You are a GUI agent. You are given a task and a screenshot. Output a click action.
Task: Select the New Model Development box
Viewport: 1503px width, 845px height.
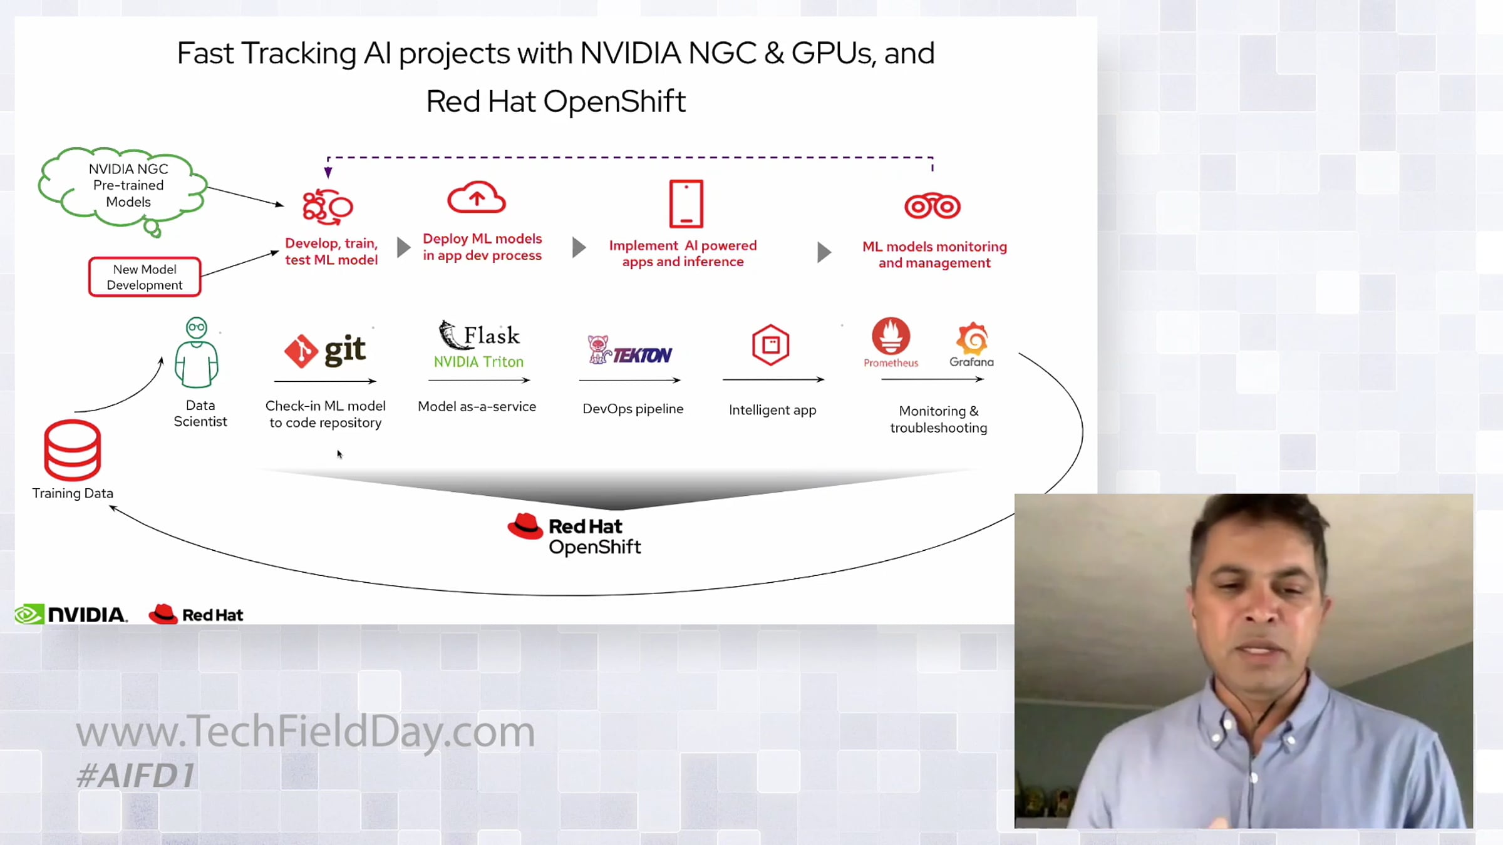point(145,277)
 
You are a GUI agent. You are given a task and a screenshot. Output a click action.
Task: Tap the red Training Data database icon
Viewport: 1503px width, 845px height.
point(73,450)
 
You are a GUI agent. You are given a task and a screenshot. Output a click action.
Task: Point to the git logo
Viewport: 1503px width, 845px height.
point(325,350)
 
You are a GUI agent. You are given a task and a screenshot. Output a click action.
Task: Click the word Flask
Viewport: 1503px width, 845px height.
point(492,335)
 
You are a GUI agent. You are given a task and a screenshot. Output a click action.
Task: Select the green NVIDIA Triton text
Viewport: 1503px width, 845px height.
point(478,362)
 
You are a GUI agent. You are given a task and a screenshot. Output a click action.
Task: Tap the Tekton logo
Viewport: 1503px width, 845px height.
point(630,351)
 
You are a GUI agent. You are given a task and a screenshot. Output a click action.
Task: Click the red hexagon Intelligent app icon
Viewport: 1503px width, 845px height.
point(770,345)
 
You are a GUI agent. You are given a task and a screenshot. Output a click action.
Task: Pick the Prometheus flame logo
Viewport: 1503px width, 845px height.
point(891,336)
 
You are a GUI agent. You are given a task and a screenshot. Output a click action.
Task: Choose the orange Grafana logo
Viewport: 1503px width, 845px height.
point(971,339)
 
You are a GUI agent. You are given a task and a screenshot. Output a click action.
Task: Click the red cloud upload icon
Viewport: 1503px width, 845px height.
point(477,197)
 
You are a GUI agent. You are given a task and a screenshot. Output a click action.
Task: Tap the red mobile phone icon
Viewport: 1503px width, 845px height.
point(686,203)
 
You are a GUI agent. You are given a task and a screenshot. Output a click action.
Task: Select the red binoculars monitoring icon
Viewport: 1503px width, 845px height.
point(932,206)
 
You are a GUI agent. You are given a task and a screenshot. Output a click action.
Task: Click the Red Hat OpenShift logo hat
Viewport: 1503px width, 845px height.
point(525,526)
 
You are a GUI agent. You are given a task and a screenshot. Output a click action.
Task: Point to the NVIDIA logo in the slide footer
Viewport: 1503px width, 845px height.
point(71,614)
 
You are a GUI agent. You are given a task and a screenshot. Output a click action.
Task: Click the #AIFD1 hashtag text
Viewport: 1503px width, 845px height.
point(136,776)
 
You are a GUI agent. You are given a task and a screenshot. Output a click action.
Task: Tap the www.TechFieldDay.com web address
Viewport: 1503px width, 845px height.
point(306,731)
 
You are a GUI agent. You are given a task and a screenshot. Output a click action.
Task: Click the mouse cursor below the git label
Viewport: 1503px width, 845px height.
point(339,454)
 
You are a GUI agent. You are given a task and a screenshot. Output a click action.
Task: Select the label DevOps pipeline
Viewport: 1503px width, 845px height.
point(633,409)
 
